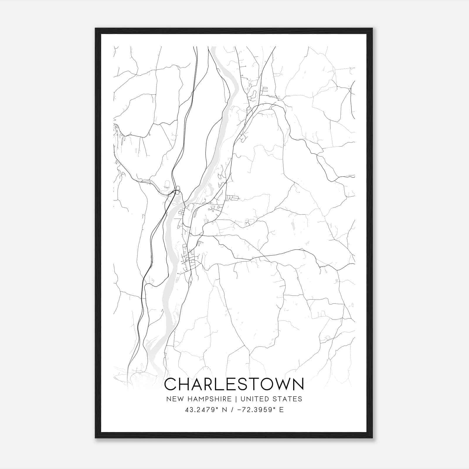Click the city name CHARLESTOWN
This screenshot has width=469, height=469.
pos(234,384)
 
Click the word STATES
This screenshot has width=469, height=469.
pos(289,399)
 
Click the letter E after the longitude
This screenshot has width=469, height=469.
pos(281,410)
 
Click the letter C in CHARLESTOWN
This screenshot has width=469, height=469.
pos(171,384)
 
